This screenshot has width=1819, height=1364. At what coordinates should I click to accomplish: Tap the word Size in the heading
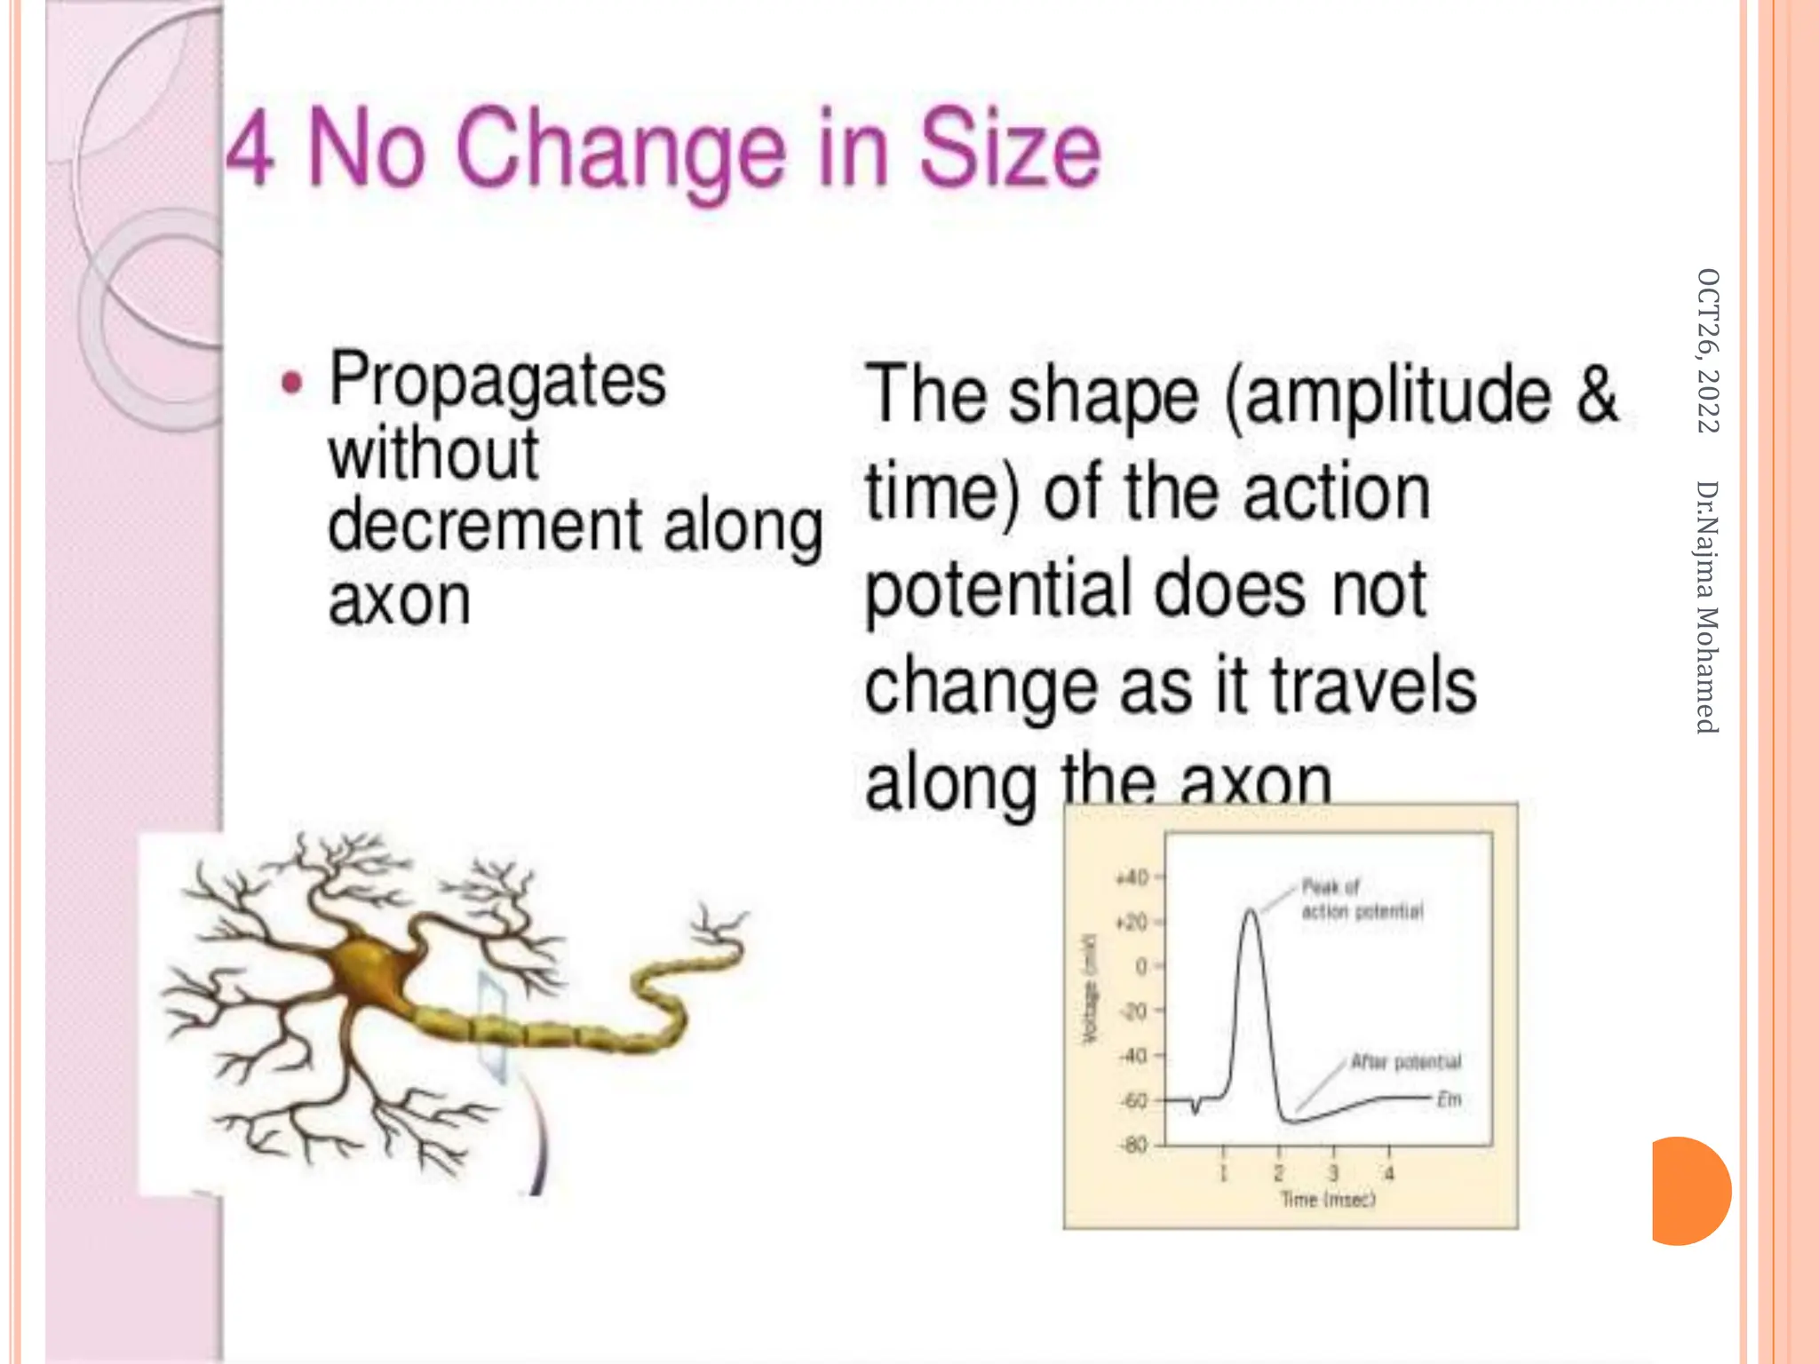[1009, 149]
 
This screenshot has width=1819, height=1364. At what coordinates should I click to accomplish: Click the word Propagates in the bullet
[497, 380]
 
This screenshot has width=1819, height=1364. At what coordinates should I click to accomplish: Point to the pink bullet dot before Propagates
[291, 384]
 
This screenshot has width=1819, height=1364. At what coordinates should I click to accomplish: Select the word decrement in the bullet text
[484, 526]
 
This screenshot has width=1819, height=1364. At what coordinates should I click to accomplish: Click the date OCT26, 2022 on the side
[1708, 350]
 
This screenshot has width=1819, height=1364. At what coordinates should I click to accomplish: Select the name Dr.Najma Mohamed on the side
[1708, 607]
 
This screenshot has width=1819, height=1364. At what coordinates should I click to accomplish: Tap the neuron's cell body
[366, 968]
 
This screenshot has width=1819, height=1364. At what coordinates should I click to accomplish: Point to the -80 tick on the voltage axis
[1134, 1145]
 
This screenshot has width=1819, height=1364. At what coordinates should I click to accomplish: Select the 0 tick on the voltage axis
[1141, 966]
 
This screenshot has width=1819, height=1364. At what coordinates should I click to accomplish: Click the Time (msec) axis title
[1328, 1200]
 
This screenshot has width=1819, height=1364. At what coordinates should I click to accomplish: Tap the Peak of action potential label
[1361, 899]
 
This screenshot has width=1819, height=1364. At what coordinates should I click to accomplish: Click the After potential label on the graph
[1405, 1062]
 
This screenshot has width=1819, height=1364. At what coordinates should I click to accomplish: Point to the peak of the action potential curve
[1251, 910]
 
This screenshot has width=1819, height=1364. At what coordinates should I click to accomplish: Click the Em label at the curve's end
[1449, 1099]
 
